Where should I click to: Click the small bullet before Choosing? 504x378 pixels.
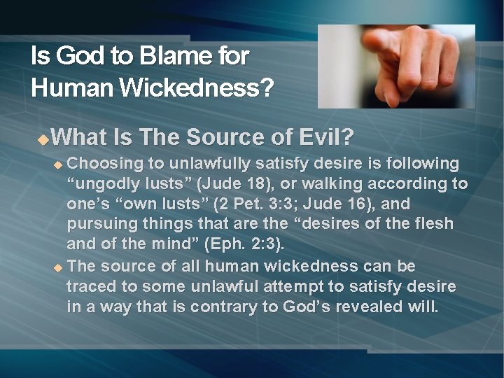[x=59, y=165]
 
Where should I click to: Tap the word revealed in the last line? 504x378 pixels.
[x=370, y=307]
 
